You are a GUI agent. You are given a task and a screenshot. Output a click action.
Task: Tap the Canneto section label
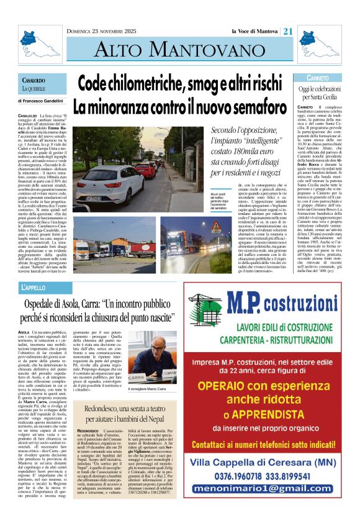click(317, 78)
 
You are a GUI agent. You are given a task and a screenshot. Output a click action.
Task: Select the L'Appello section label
click(34, 288)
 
